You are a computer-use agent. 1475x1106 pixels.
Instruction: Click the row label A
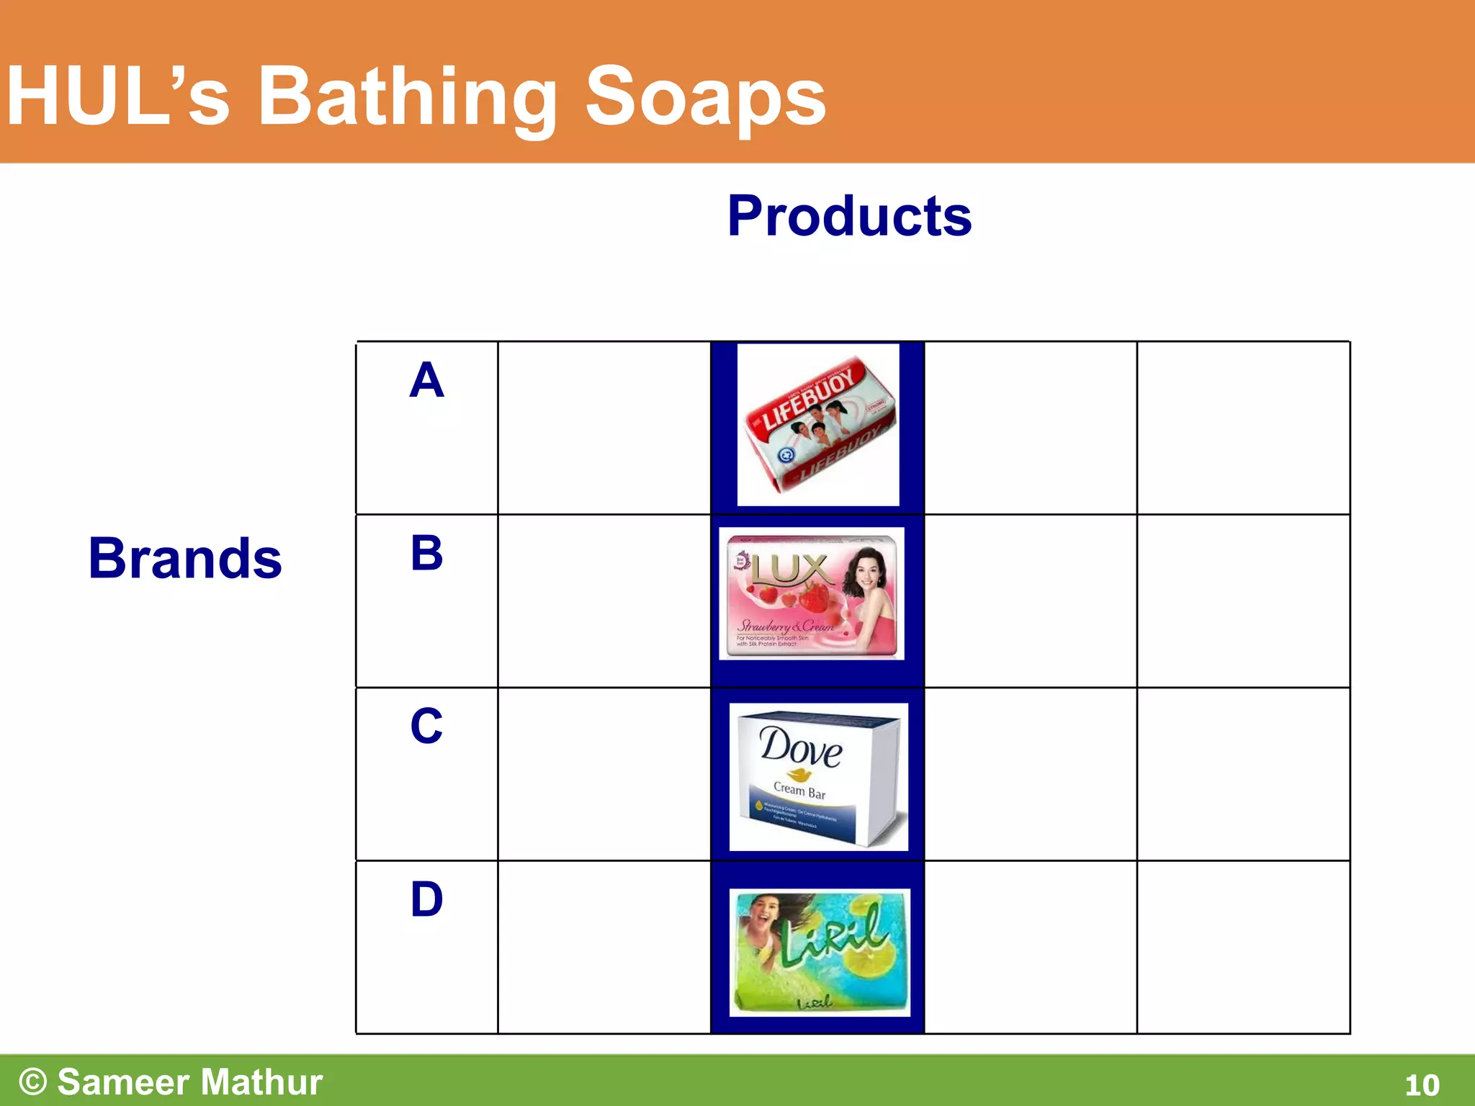[x=426, y=380]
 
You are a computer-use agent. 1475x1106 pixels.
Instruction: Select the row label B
[x=426, y=553]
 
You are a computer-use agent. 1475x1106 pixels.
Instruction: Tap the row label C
[x=426, y=726]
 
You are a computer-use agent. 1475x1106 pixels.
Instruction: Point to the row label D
[x=426, y=899]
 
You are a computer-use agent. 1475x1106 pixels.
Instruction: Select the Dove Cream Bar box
[x=819, y=776]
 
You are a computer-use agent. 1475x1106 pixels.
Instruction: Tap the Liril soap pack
[x=820, y=952]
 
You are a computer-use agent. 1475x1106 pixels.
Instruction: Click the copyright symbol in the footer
[x=33, y=1082]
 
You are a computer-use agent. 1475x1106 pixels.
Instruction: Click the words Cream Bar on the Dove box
[x=799, y=791]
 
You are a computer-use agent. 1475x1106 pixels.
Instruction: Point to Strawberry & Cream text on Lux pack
[x=785, y=626]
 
